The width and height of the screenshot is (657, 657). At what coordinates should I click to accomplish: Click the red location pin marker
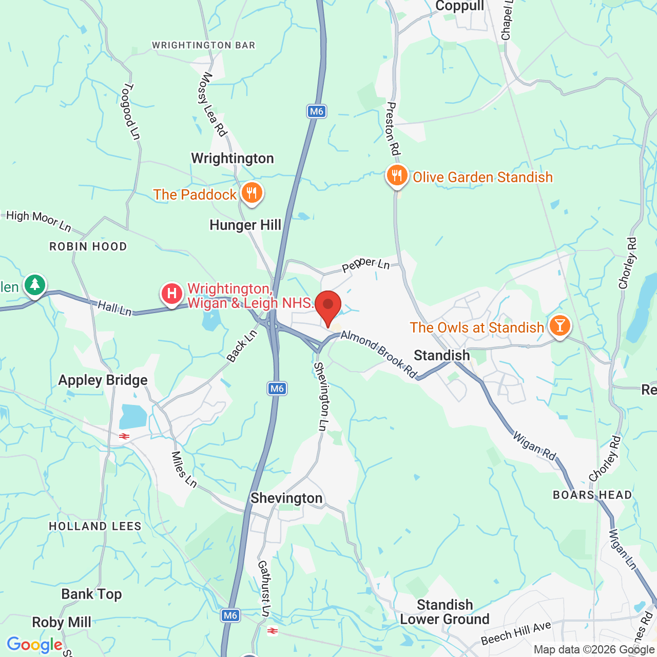click(328, 307)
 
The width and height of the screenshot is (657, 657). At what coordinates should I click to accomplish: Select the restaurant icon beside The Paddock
click(251, 194)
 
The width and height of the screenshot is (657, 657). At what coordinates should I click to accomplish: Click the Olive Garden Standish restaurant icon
click(397, 176)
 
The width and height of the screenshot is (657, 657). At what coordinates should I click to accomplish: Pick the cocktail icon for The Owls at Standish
click(559, 325)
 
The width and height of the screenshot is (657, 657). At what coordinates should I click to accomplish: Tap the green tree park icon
click(34, 284)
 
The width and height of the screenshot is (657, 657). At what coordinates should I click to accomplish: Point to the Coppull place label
click(459, 6)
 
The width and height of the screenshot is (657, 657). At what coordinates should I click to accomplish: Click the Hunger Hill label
click(245, 225)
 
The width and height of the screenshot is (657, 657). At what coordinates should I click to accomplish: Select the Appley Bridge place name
click(103, 380)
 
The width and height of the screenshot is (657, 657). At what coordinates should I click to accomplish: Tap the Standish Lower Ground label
click(445, 612)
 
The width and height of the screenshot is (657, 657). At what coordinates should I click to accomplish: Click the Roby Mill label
click(62, 622)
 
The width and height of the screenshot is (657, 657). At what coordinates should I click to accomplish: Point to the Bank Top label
click(91, 594)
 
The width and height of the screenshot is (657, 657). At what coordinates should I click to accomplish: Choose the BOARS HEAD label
click(592, 495)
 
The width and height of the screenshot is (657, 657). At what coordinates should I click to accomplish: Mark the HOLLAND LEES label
click(95, 526)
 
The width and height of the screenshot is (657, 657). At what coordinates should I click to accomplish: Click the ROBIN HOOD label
click(88, 247)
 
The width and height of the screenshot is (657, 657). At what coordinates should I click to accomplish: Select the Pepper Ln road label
click(366, 265)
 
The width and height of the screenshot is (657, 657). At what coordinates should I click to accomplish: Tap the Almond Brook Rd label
click(379, 354)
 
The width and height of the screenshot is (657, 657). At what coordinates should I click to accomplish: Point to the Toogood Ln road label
click(130, 111)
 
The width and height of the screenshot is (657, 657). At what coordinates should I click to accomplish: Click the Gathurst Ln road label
click(264, 588)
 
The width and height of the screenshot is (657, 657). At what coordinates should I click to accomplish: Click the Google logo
click(34, 645)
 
